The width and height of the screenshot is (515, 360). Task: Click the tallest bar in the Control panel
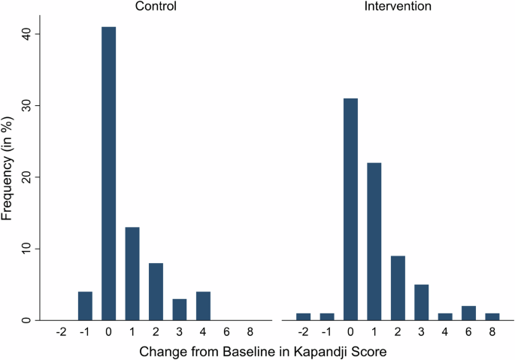(x=109, y=173)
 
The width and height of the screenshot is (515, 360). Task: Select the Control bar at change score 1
(x=132, y=274)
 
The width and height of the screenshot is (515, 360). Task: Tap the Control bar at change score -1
(x=86, y=306)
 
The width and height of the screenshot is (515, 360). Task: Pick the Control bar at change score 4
(x=201, y=306)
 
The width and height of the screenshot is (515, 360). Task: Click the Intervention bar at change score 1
(x=374, y=241)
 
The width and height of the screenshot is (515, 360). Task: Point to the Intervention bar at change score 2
(x=398, y=288)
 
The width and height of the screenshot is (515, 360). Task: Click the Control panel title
(x=156, y=7)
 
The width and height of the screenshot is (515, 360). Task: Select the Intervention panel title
(x=398, y=7)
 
